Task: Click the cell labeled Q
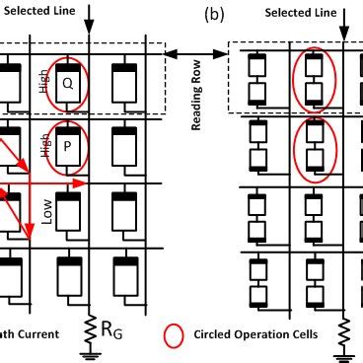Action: tap(67, 82)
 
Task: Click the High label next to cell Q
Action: tap(43, 81)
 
